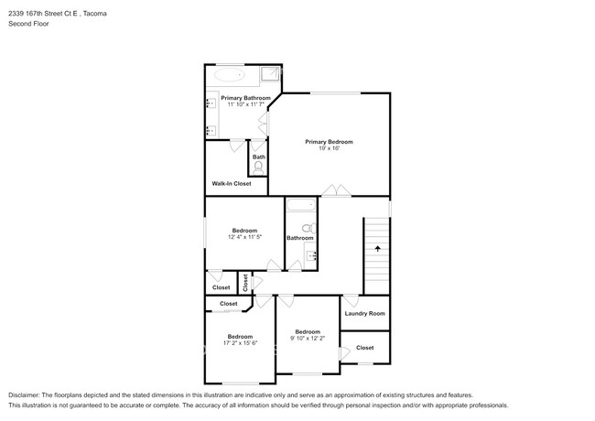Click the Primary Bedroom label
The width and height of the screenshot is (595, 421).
329,142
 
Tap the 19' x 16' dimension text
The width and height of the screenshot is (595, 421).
329,149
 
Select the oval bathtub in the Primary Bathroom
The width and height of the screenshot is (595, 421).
229,75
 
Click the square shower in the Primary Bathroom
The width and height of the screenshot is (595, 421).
271,75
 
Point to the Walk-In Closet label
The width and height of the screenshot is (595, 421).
232,183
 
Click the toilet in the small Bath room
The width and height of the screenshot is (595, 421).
258,167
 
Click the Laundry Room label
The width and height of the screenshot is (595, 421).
364,313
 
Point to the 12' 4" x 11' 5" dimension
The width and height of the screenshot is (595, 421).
245,237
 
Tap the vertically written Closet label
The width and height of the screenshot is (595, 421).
245,282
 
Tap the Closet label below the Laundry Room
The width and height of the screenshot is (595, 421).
364,348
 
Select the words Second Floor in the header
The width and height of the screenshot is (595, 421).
29,24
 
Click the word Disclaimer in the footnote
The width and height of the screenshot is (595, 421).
28,394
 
